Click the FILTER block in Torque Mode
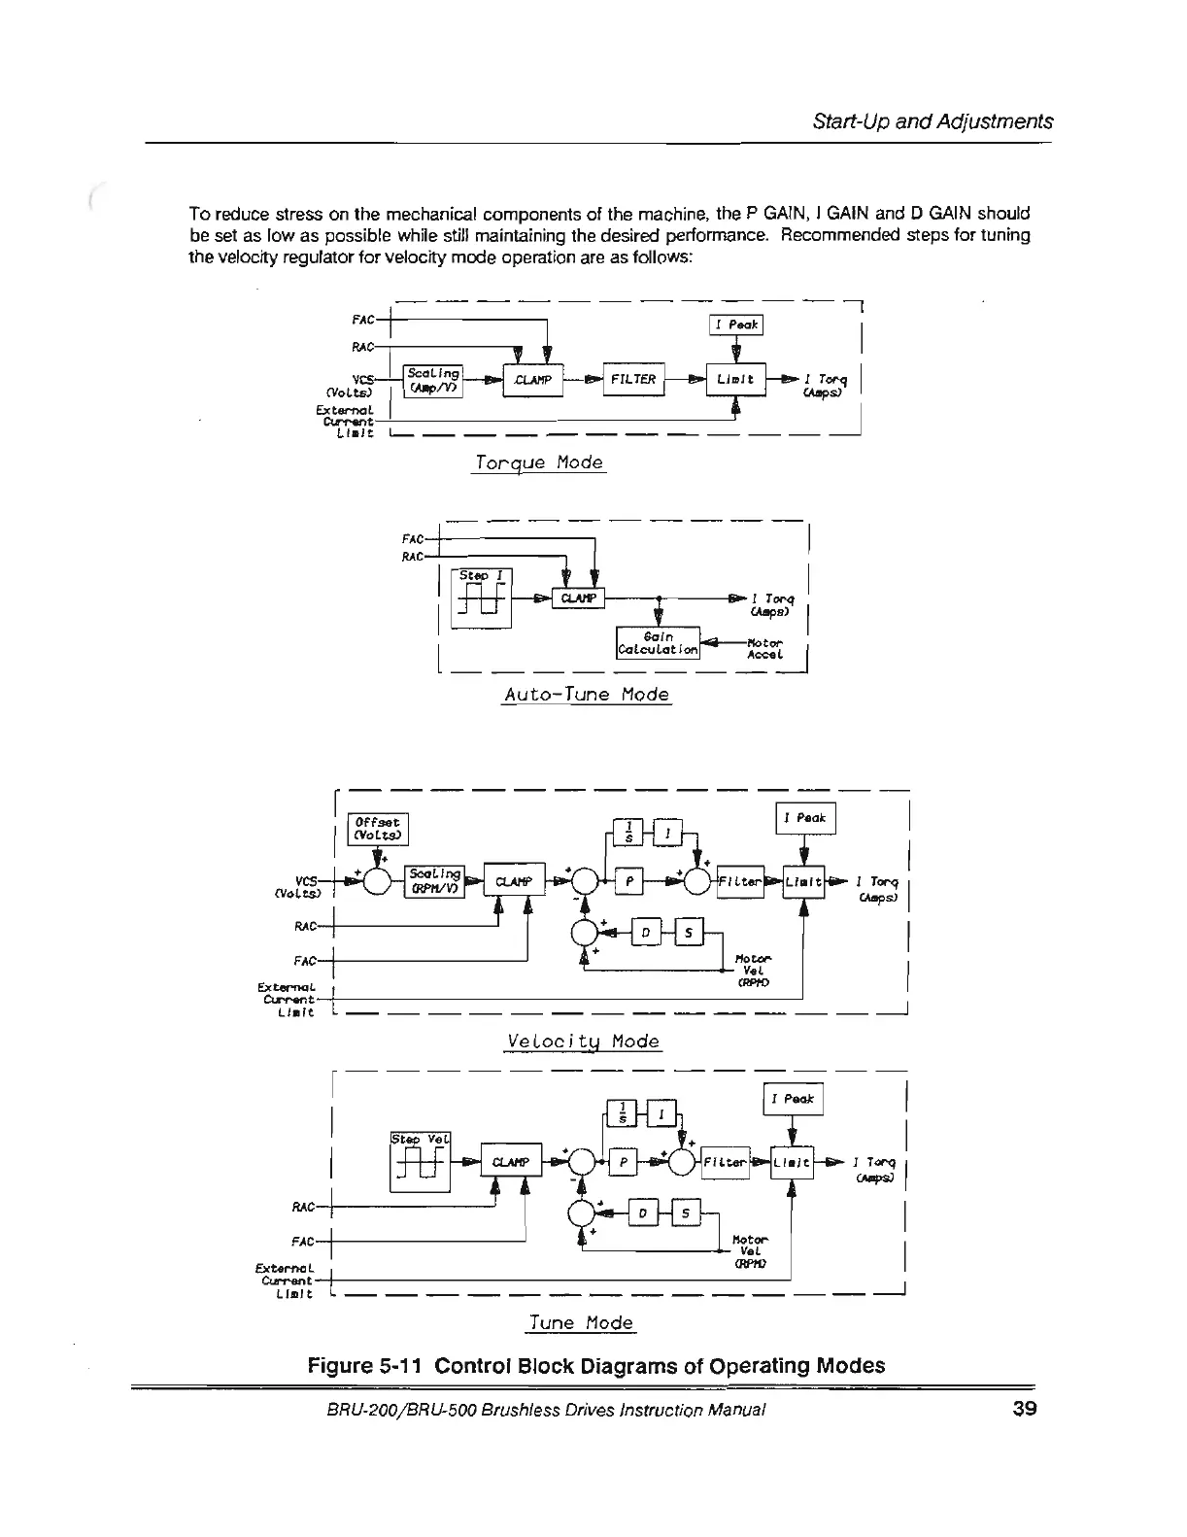coord(633,379)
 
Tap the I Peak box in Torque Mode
coord(737,325)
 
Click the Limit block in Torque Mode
coord(737,380)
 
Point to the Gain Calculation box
coord(659,642)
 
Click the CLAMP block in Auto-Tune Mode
coord(579,598)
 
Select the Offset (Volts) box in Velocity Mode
coord(380,829)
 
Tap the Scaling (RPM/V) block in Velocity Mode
coord(436,882)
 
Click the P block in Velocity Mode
coord(630,882)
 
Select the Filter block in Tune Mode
coord(725,1162)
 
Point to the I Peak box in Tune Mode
coord(794,1100)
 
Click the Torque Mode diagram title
coord(538,462)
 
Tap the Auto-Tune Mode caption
coord(587,695)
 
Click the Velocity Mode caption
coord(583,1042)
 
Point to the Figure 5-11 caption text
coord(595,1365)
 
